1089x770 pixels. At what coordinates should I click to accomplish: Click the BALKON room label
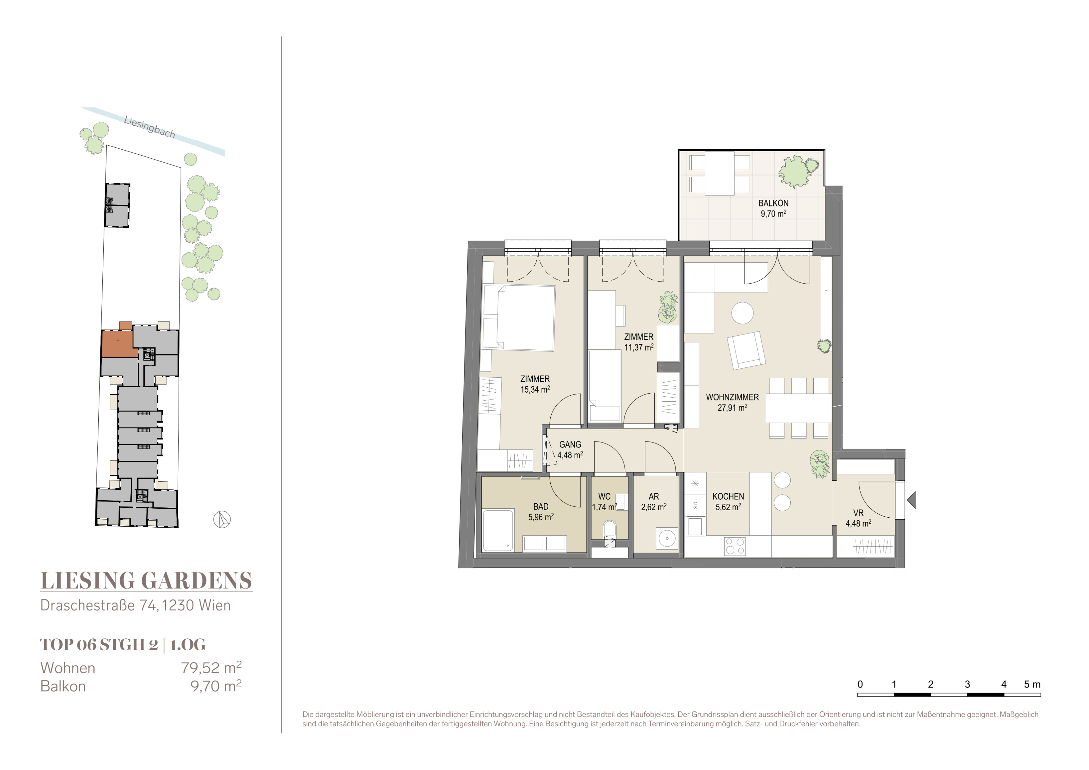773,203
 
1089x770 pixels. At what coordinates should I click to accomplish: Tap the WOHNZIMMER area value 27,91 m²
732,407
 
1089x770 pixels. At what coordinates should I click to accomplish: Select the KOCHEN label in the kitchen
728,497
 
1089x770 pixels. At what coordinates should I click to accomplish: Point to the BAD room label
541,507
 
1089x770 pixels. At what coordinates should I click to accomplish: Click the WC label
604,497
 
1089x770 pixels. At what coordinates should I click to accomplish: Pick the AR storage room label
654,497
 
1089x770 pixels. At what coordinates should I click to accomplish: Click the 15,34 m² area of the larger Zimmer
535,389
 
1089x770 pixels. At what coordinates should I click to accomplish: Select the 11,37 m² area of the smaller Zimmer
639,347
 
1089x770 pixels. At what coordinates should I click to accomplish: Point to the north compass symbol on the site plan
222,520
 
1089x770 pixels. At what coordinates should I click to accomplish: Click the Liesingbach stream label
149,127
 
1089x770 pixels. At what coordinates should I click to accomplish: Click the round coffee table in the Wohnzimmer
742,313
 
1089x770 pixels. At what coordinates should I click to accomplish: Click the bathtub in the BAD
498,530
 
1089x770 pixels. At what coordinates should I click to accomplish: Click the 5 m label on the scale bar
1032,684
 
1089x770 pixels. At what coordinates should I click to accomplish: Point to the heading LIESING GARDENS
146,581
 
